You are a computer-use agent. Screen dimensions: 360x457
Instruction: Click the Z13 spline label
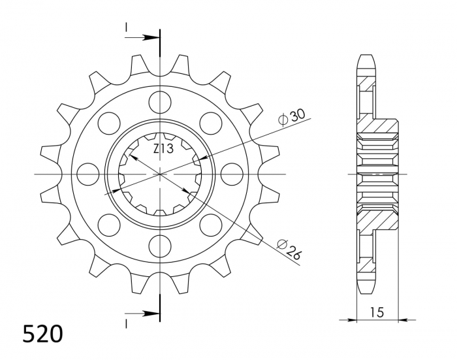click(x=163, y=149)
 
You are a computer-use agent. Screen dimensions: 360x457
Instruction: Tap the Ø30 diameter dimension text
click(x=291, y=116)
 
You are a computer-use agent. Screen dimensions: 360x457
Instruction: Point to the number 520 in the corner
click(x=43, y=334)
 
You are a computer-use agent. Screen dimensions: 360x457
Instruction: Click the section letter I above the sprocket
click(x=126, y=27)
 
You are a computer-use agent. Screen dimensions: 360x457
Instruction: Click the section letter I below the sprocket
click(x=126, y=323)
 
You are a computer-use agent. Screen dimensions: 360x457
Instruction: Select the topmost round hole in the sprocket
click(x=159, y=102)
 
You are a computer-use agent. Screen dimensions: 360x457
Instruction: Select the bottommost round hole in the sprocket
click(x=159, y=246)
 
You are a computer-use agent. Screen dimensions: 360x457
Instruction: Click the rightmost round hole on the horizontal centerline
click(x=231, y=174)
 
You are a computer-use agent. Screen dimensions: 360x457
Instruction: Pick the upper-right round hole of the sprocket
click(x=210, y=123)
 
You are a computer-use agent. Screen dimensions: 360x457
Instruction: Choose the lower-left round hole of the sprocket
click(x=108, y=225)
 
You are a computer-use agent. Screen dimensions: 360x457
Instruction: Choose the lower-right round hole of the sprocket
click(x=210, y=225)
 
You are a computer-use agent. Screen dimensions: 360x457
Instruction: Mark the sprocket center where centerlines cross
click(x=159, y=174)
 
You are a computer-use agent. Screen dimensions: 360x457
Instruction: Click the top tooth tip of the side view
click(x=367, y=55)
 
